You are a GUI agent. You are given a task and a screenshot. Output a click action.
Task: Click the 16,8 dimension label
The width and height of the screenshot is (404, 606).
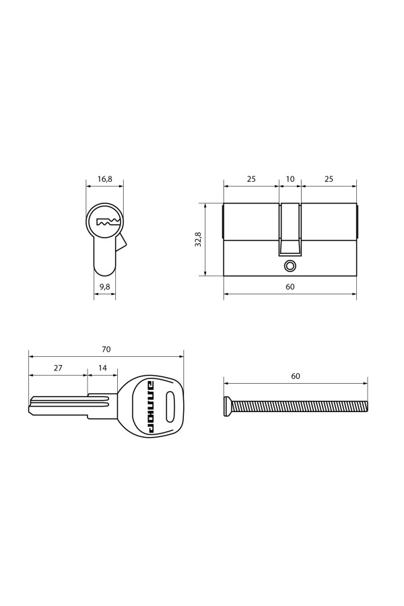(x=105, y=179)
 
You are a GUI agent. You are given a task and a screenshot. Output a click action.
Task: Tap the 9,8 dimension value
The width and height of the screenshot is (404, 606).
(x=105, y=287)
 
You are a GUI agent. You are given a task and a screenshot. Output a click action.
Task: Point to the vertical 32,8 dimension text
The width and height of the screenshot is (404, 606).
(x=198, y=240)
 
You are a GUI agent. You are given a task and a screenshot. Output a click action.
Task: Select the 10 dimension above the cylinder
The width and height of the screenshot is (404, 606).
(x=290, y=179)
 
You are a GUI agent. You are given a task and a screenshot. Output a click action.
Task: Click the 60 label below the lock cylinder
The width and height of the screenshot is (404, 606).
(x=290, y=287)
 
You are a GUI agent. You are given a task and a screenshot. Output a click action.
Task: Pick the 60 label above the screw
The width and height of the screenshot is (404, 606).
(x=296, y=376)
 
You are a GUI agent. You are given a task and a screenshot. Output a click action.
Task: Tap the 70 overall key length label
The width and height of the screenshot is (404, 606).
(x=106, y=349)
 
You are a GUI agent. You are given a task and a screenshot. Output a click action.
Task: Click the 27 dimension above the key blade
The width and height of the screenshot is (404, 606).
(x=58, y=368)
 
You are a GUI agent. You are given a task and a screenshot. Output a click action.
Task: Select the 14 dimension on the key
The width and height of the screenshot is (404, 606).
(x=102, y=368)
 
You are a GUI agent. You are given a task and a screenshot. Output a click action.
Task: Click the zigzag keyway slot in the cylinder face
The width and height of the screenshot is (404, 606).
(x=108, y=222)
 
